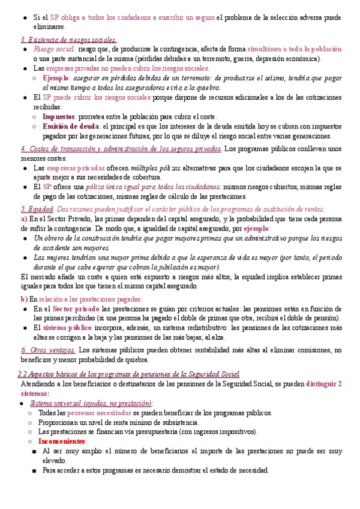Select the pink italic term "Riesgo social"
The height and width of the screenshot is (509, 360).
click(54, 49)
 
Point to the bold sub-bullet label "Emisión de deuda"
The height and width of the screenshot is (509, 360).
click(71, 127)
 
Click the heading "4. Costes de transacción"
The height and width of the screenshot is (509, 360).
click(129, 148)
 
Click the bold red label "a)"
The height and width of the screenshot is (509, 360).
click(23, 219)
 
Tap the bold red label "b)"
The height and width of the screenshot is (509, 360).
click(23, 298)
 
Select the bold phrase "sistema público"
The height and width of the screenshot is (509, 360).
click(67, 328)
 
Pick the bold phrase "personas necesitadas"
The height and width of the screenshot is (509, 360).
click(98, 412)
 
